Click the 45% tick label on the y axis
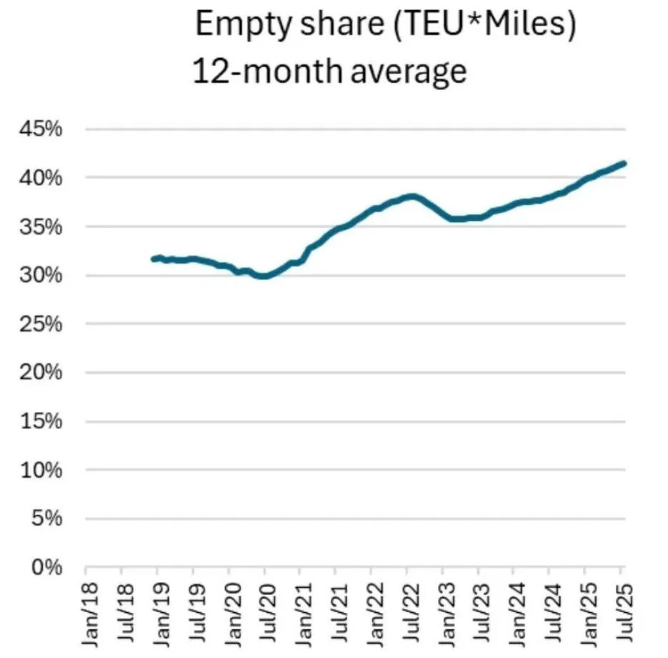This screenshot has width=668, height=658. [41, 129]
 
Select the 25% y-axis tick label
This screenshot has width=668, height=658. [41, 324]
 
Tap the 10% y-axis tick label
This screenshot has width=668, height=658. [41, 471]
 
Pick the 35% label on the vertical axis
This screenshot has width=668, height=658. [41, 227]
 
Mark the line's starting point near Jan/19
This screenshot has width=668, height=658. [154, 259]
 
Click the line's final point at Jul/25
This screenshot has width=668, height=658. [624, 163]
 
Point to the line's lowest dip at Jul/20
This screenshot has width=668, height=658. [264, 275]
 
